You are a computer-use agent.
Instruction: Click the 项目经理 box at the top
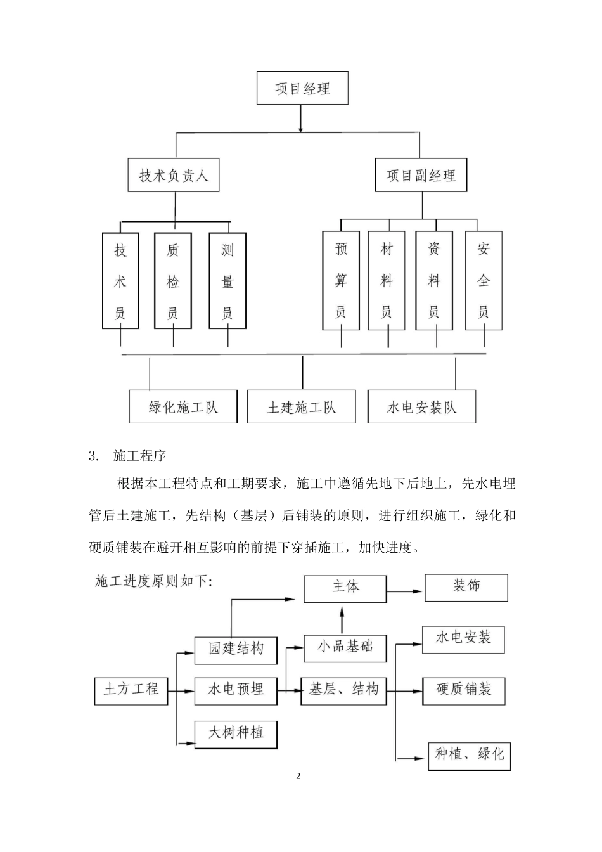tap(302, 88)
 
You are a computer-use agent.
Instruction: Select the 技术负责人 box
tap(174, 175)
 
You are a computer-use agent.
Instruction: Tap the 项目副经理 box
tap(421, 175)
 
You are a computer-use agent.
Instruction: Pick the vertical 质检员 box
tap(173, 281)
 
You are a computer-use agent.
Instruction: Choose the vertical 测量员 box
tap(227, 281)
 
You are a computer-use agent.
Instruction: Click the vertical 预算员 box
tap(341, 281)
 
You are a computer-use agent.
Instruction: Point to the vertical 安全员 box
tap(484, 281)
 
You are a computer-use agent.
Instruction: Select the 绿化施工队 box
tap(183, 406)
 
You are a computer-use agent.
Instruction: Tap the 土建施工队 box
tap(302, 406)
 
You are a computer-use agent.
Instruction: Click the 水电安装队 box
tap(421, 406)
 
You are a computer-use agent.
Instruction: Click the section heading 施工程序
tap(139, 455)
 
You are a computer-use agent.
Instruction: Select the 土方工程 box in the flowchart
tap(131, 689)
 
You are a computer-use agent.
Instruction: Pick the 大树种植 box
tap(236, 733)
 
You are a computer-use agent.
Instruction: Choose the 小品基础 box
tap(345, 647)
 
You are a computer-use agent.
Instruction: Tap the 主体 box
tap(345, 588)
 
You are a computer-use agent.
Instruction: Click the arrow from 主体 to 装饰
tap(406, 591)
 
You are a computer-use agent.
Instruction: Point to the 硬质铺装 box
tap(464, 690)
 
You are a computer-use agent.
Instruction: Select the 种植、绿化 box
tap(470, 754)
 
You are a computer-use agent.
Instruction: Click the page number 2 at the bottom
tap(298, 777)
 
